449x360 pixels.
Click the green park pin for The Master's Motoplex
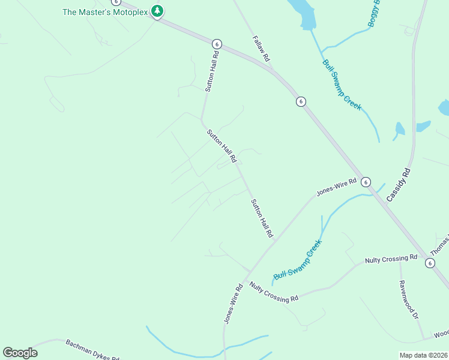tap(157, 11)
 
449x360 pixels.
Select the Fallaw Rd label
tap(260, 49)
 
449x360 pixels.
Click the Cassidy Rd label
tap(398, 184)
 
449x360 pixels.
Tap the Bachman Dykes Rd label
tap(92, 348)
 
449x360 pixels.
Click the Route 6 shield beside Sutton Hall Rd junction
tap(217, 44)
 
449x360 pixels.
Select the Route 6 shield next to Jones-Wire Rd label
tap(366, 182)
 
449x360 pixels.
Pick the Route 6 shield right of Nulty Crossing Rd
tap(430, 263)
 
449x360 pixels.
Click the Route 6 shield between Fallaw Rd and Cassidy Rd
tap(301, 101)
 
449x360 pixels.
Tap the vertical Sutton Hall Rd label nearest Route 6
tap(211, 71)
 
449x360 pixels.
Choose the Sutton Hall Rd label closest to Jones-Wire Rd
tap(262, 218)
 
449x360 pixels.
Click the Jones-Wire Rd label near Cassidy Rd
tap(337, 187)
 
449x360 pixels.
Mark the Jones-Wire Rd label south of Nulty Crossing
tap(233, 304)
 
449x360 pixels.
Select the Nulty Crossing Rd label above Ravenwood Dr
tap(391, 259)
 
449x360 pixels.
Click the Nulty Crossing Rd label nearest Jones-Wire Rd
tap(274, 292)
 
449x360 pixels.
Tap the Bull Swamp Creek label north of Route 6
tap(342, 85)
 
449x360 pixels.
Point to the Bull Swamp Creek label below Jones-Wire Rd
tap(298, 260)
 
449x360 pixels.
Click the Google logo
tap(20, 352)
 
